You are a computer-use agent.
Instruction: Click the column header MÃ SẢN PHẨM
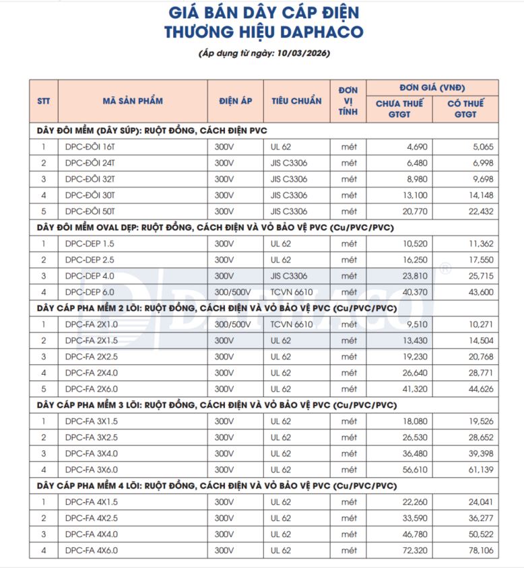tap(133, 101)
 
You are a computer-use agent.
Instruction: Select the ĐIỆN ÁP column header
tap(235, 101)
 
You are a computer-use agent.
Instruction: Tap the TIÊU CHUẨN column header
tap(296, 101)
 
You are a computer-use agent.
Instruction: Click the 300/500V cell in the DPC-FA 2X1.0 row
tap(233, 324)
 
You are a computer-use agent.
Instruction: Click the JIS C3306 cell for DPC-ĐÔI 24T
tap(289, 163)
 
